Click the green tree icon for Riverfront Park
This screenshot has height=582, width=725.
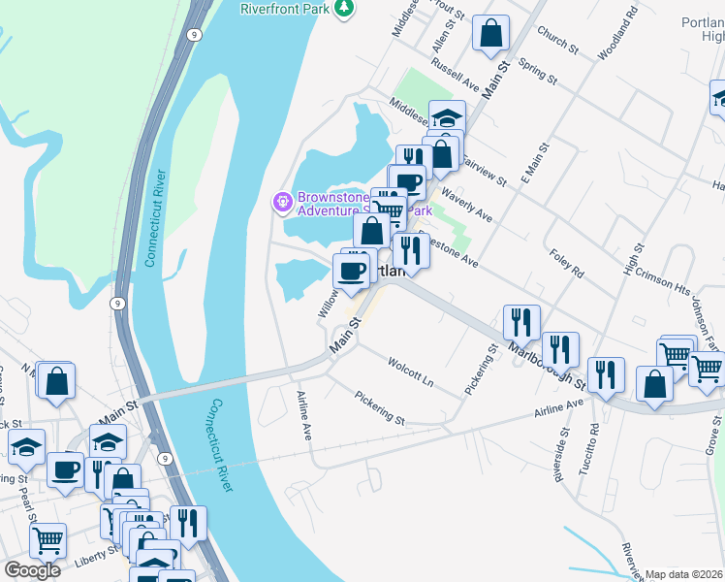pyautogui.click(x=342, y=9)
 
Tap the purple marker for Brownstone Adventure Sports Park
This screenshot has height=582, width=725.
pyautogui.click(x=282, y=202)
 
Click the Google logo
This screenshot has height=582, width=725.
pyautogui.click(x=32, y=569)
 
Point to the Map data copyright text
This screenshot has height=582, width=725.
pyautogui.click(x=684, y=574)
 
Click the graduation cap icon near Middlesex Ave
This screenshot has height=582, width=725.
pyautogui.click(x=447, y=118)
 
